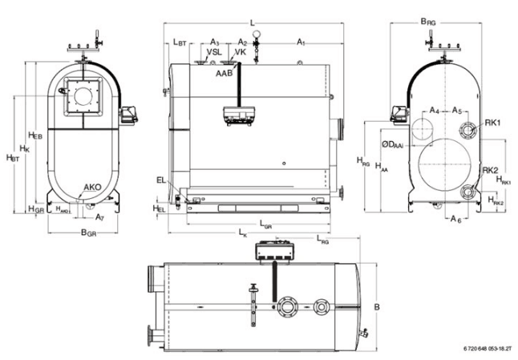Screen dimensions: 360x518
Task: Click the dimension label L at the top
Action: point(253,22)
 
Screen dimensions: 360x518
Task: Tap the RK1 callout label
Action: point(492,123)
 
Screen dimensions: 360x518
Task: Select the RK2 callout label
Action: point(491,169)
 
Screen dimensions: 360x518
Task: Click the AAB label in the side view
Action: point(224,72)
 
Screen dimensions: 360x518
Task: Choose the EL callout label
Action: point(161,181)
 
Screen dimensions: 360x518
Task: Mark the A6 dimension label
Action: point(455,217)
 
